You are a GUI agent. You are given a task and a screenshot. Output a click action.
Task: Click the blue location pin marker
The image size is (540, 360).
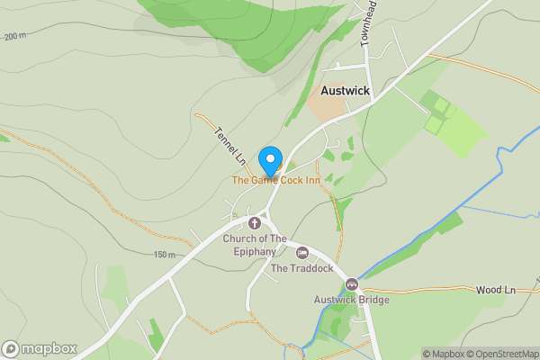[x=269, y=160]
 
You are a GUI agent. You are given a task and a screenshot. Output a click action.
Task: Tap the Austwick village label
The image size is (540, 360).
[x=346, y=91]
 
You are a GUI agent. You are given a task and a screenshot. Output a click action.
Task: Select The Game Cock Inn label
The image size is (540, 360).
[x=276, y=180]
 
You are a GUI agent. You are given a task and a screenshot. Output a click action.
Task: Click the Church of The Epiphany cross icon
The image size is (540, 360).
[x=255, y=222]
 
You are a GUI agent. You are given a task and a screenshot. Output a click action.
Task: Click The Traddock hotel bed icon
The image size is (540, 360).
[x=302, y=252]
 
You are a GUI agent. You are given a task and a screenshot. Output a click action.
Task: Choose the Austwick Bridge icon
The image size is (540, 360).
[x=352, y=284]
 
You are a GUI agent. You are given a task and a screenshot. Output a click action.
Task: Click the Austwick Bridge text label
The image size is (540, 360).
[x=351, y=300]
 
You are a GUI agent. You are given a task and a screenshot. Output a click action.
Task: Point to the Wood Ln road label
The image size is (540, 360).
[x=495, y=290]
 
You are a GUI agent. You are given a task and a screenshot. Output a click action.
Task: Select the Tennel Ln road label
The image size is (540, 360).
[x=229, y=145]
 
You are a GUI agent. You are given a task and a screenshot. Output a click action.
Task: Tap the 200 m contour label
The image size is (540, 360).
[x=15, y=37]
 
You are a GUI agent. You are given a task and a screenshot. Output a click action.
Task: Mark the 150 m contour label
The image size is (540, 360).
[x=164, y=255]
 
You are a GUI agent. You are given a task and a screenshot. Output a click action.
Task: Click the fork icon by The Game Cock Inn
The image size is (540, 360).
[x=280, y=166]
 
